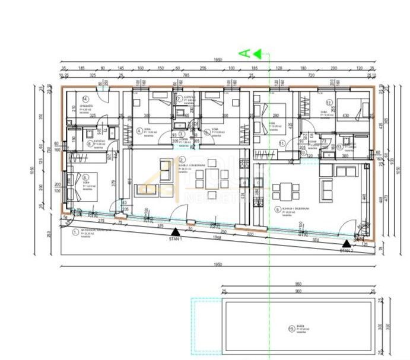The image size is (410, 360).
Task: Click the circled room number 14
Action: tap(85, 99)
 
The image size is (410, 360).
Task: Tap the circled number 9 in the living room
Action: tap(277, 209)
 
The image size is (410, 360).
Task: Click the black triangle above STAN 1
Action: tap(174, 232)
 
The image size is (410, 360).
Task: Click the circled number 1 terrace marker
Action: tap(74, 232)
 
